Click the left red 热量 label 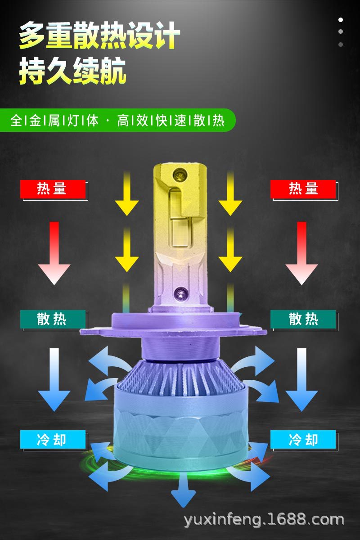[53, 189]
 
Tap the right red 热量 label [303, 189]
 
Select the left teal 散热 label [53, 319]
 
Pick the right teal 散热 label [303, 319]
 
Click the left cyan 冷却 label [53, 439]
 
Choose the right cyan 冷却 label [303, 439]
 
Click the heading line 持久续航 [72, 72]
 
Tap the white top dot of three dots [341, 20]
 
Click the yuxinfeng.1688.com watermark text [264, 520]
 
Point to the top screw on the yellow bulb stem [180, 172]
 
